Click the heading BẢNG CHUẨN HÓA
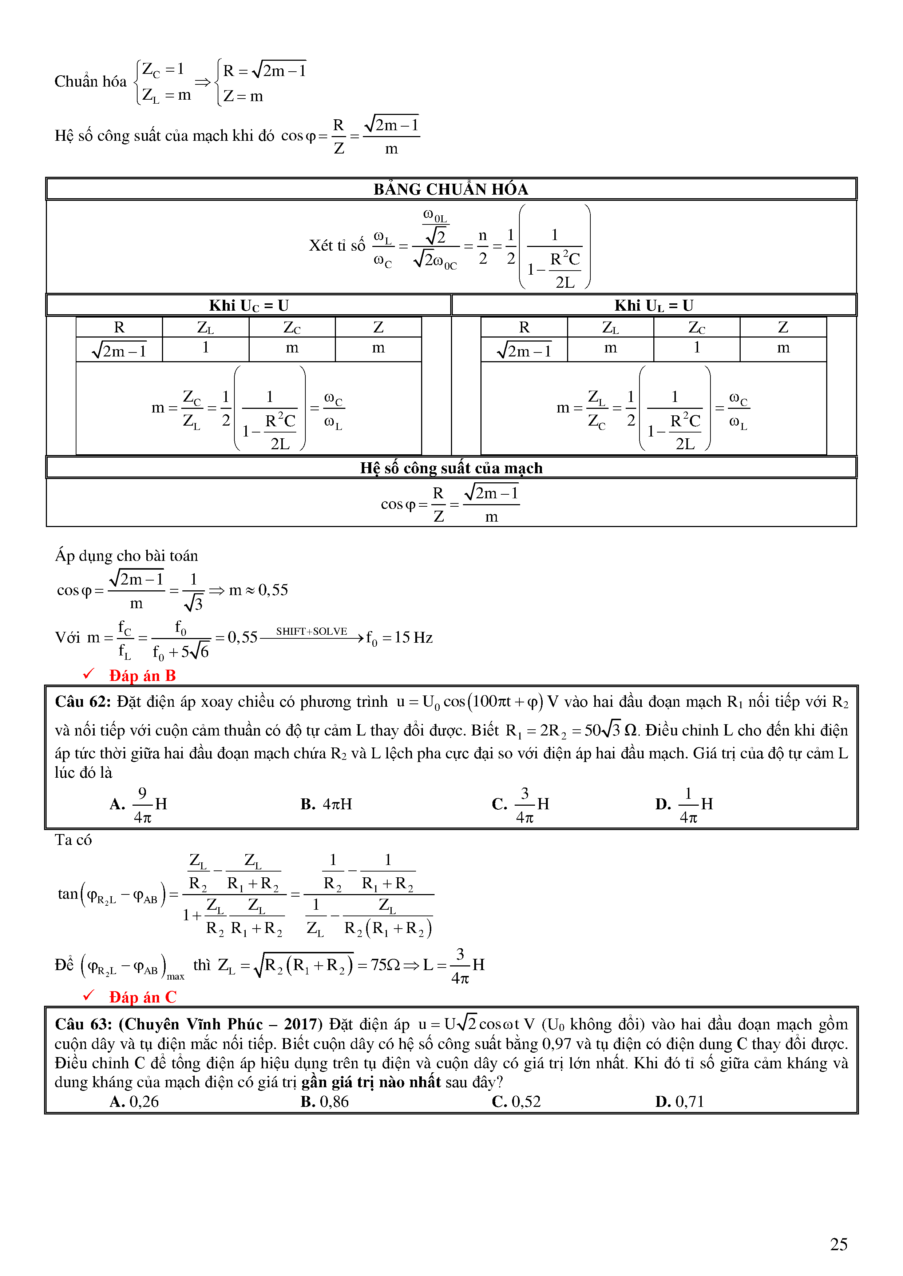[450, 190]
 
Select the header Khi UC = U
[249, 306]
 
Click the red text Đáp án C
[142, 997]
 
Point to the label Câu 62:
[83, 702]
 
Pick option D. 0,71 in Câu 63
[680, 1101]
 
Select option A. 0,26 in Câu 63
[134, 1101]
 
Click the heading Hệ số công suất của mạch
[451, 468]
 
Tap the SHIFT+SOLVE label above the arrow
[312, 631]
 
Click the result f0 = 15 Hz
[399, 638]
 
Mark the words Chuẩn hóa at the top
[91, 82]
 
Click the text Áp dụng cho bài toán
[126, 556]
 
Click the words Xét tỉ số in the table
[337, 245]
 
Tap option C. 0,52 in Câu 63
[516, 1101]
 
